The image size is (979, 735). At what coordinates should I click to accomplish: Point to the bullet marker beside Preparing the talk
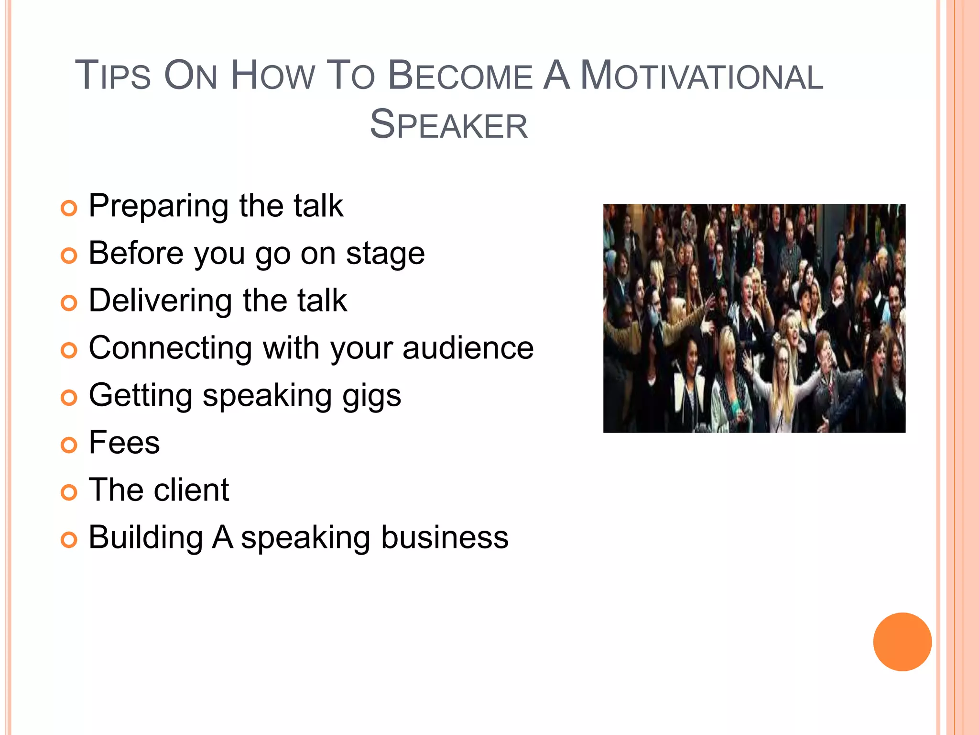click(x=69, y=209)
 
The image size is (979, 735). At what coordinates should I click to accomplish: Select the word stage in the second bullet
click(x=385, y=254)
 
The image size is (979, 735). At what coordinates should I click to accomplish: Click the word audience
click(x=468, y=348)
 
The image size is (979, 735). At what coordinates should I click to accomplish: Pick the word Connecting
click(x=170, y=349)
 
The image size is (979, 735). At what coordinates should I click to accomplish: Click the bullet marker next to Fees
click(x=69, y=445)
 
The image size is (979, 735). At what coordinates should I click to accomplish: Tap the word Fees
click(x=124, y=443)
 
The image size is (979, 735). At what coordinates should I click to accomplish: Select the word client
click(x=191, y=490)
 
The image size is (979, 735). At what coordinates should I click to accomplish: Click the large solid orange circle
click(x=902, y=642)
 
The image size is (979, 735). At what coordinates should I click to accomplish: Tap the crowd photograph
click(x=754, y=318)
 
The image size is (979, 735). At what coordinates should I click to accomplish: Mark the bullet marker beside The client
click(x=69, y=492)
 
